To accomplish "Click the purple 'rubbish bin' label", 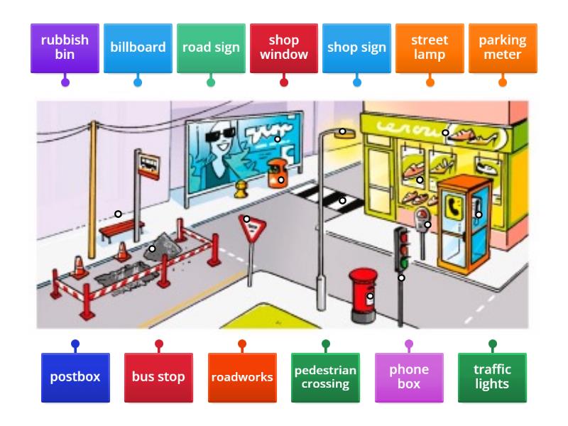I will tap(65, 48).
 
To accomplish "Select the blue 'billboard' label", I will tap(138, 48).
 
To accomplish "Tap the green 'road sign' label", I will tap(211, 48).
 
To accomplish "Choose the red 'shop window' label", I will tap(284, 48).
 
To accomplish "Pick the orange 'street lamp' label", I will tap(430, 48).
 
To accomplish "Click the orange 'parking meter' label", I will tap(503, 48).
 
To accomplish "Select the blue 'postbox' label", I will tap(75, 377).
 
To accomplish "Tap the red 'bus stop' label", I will tap(158, 377).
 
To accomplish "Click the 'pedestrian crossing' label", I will tap(325, 377).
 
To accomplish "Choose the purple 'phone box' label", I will tap(409, 377).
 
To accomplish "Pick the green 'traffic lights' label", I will tap(492, 377).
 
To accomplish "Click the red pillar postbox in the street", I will tap(364, 293).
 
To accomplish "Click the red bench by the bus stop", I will tap(121, 229).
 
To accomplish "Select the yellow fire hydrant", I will tap(241, 189).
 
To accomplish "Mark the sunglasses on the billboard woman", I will tap(217, 133).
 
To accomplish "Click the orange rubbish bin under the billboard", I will tap(276, 174).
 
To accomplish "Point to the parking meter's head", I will tap(422, 215).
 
